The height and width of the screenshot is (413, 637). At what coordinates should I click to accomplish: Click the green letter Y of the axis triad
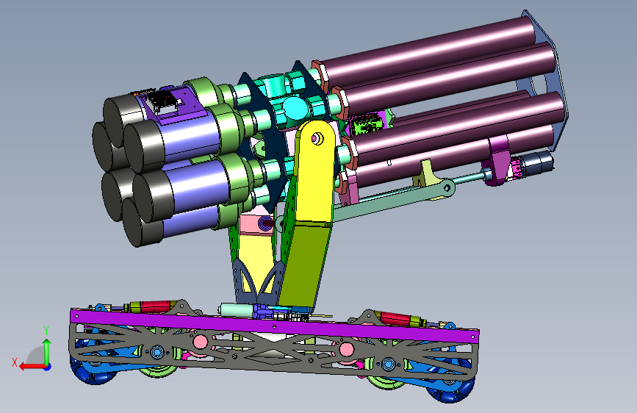pyautogui.click(x=46, y=331)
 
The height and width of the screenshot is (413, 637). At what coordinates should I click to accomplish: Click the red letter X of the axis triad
pyautogui.click(x=15, y=362)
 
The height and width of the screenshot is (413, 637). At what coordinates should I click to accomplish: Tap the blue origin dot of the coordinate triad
pyautogui.click(x=48, y=367)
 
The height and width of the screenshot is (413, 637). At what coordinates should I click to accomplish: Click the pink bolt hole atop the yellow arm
pyautogui.click(x=316, y=139)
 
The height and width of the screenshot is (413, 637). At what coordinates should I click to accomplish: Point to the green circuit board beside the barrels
pyautogui.click(x=366, y=123)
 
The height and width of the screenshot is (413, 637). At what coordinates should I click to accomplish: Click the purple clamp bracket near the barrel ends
pyautogui.click(x=497, y=159)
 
